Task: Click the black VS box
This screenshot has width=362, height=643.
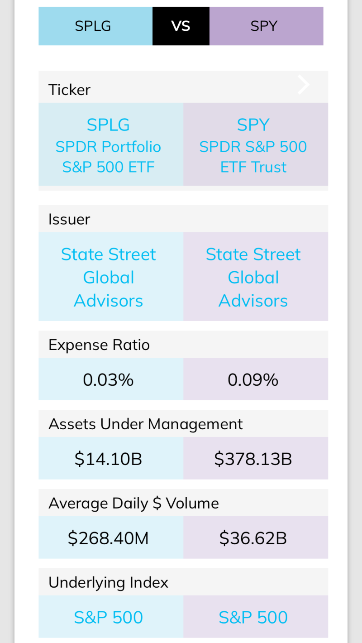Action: tap(181, 26)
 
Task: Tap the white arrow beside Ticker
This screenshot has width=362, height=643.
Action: tap(304, 85)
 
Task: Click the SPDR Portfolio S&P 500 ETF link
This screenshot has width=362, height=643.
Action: tap(109, 146)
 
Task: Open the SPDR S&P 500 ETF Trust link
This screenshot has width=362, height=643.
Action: tap(253, 146)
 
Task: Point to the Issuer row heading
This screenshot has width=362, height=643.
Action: tap(69, 219)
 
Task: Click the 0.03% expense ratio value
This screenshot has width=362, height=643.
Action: tap(108, 379)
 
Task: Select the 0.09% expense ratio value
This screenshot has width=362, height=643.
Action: tap(253, 379)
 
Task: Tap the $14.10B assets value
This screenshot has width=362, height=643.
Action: tap(109, 459)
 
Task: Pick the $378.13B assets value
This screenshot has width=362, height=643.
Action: tap(253, 459)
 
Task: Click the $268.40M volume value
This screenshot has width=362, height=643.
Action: tap(109, 538)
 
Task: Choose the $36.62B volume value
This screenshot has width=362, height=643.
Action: tap(253, 538)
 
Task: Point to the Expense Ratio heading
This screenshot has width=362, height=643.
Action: tap(99, 345)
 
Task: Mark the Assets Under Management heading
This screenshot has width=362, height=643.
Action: tap(146, 424)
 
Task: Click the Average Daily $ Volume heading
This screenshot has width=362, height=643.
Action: tap(133, 504)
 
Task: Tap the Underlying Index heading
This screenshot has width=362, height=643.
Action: tap(108, 582)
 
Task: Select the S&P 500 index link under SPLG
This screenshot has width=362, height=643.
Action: tap(109, 617)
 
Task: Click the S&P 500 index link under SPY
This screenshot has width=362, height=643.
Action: tap(253, 617)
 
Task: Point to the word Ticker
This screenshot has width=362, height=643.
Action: tap(69, 90)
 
